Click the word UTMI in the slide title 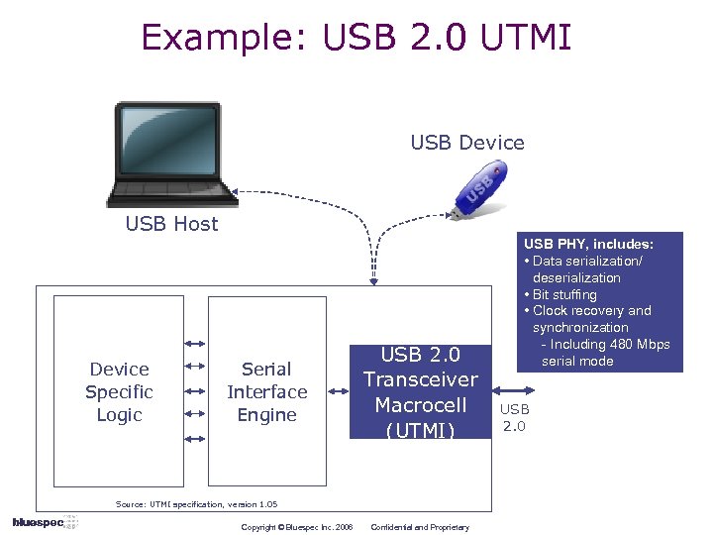tap(526, 37)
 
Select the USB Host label tap(171, 224)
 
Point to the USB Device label tap(467, 143)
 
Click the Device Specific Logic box tap(119, 390)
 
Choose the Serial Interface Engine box tap(266, 390)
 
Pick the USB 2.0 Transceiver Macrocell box tap(421, 390)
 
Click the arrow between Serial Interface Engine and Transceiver tap(338, 390)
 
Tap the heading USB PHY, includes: tap(588, 244)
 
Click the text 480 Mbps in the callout tap(642, 344)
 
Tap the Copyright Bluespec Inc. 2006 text tap(297, 527)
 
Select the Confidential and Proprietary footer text tap(419, 527)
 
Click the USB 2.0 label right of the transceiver tap(514, 417)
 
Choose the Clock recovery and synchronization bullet tap(591, 319)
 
